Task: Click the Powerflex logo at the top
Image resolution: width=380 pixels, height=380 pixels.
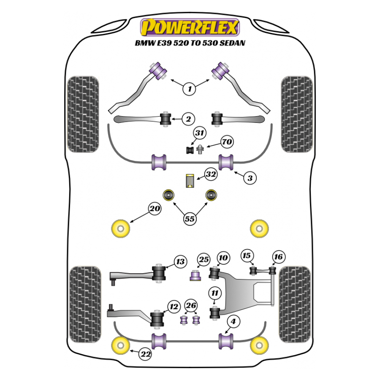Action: [190, 27]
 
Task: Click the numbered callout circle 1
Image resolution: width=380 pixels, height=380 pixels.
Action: [190, 89]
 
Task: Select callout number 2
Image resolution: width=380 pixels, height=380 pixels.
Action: [188, 119]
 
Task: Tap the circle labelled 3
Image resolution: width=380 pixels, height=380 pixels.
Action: [250, 178]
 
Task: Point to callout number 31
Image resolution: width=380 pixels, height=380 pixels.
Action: [199, 134]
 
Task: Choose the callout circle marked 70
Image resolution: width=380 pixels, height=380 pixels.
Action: [227, 142]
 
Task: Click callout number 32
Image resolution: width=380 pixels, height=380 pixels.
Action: [211, 174]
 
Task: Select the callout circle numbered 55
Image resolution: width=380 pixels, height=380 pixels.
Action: [190, 218]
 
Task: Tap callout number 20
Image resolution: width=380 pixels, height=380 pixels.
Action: [155, 209]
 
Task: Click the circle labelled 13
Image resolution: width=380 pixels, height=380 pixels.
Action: [180, 262]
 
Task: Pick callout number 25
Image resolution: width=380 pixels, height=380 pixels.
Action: [204, 259]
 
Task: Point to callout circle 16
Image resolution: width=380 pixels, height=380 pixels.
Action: [278, 256]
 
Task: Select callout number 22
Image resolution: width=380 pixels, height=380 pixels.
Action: [145, 355]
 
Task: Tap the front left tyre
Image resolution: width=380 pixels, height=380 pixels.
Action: [83, 113]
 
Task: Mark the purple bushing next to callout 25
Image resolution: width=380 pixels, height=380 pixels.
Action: [195, 277]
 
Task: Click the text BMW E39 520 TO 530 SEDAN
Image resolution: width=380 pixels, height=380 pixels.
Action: [190, 43]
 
